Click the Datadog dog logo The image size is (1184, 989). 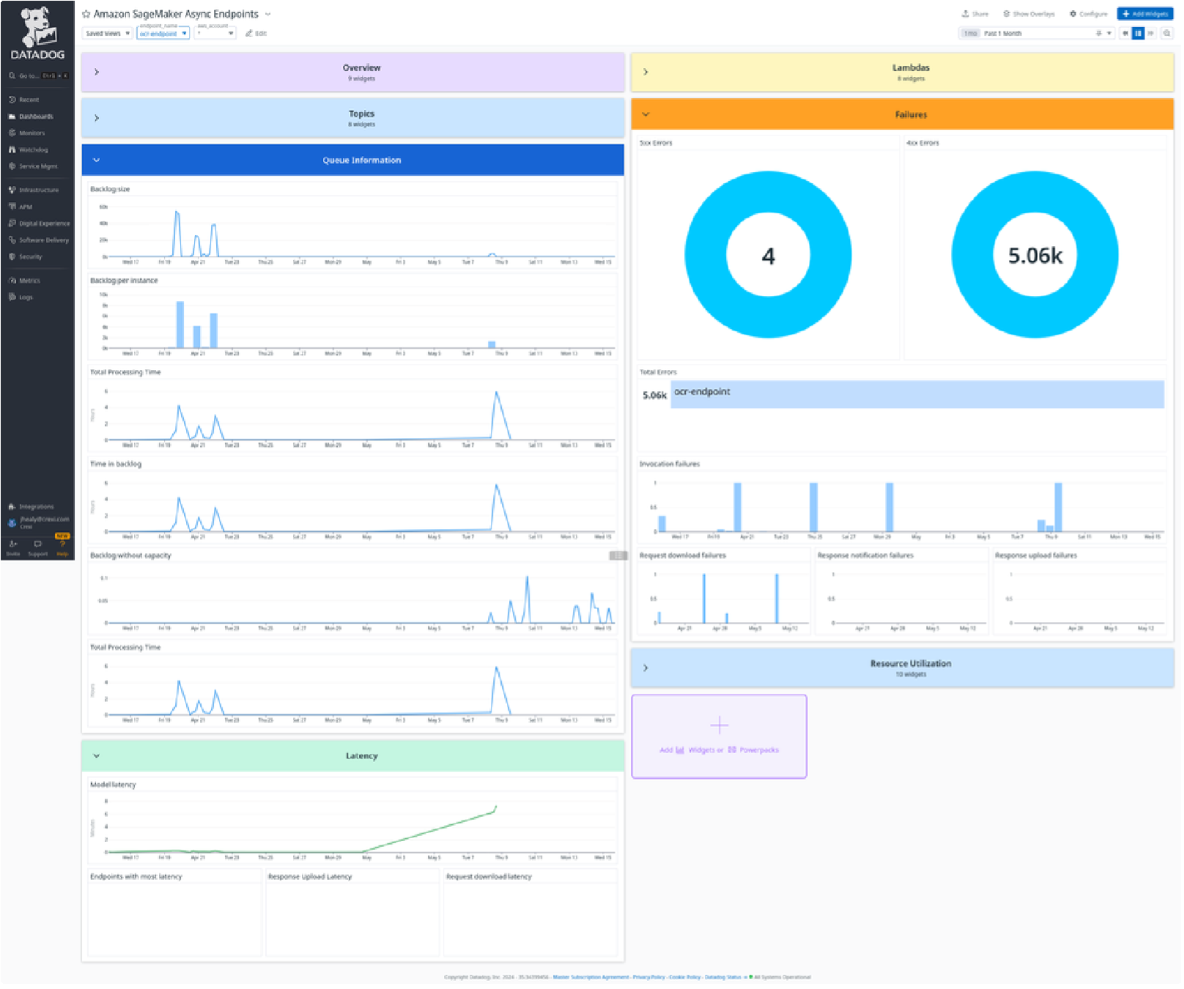tap(37, 28)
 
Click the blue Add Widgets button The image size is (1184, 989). tap(1145, 14)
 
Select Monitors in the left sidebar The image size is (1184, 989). tap(32, 133)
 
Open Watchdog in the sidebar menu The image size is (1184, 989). tap(33, 149)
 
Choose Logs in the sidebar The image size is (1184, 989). tap(26, 297)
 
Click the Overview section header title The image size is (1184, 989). tap(361, 68)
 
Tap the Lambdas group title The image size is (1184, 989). tap(911, 68)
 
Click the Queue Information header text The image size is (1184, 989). tap(361, 160)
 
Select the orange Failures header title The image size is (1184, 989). tap(911, 115)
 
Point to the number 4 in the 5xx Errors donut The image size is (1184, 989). tap(768, 256)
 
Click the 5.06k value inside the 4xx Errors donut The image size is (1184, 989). tap(1035, 256)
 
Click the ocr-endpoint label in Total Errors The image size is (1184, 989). tap(702, 392)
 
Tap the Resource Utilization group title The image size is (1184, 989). tap(911, 664)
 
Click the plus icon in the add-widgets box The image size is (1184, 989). tap(719, 725)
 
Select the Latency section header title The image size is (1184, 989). tap(361, 756)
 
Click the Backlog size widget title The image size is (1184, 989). tap(110, 189)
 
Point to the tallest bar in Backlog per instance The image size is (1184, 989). tap(180, 324)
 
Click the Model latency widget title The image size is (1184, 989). tap(113, 785)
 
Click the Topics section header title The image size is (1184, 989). tap(361, 114)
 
